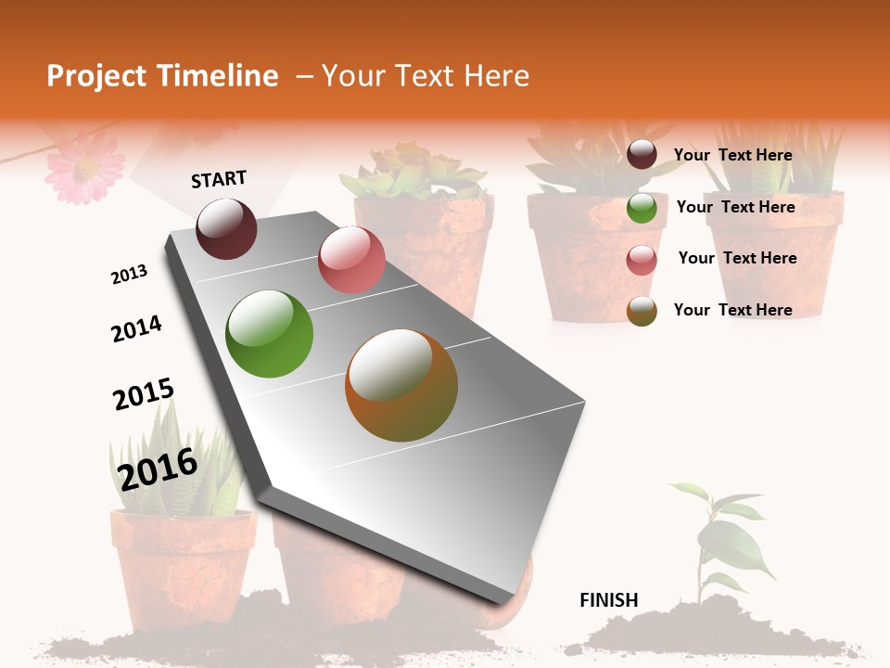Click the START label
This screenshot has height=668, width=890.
[219, 179]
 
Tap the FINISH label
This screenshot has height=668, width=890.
[609, 600]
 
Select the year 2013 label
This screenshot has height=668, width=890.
[129, 275]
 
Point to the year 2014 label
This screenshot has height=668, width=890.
[136, 328]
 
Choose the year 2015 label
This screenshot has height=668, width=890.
[143, 394]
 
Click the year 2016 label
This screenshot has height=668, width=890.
[158, 469]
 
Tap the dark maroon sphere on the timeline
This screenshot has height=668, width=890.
[226, 228]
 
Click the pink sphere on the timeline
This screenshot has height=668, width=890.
[351, 260]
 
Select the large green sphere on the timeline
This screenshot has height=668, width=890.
[270, 334]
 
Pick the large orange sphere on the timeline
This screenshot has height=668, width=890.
[401, 385]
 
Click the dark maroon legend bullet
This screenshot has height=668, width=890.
[642, 155]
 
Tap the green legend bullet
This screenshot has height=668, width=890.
[642, 208]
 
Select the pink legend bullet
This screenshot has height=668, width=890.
[642, 259]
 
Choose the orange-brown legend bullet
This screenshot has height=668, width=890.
[642, 311]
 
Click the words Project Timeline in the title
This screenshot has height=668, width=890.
[162, 76]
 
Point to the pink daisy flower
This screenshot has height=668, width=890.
[84, 166]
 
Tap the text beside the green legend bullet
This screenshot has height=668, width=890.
[735, 207]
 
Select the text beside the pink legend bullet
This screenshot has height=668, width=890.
[737, 258]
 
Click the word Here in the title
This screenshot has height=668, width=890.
[496, 76]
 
